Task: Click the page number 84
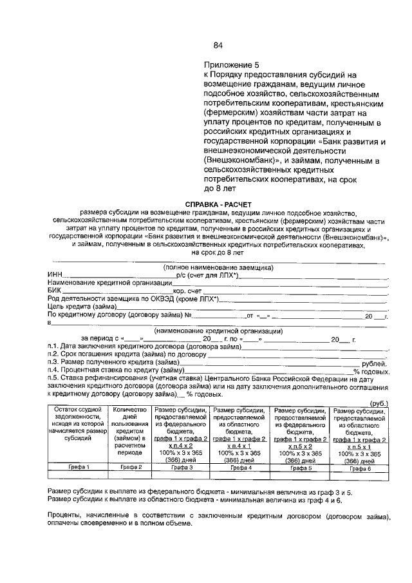click(218, 45)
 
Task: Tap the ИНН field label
click(54, 275)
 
